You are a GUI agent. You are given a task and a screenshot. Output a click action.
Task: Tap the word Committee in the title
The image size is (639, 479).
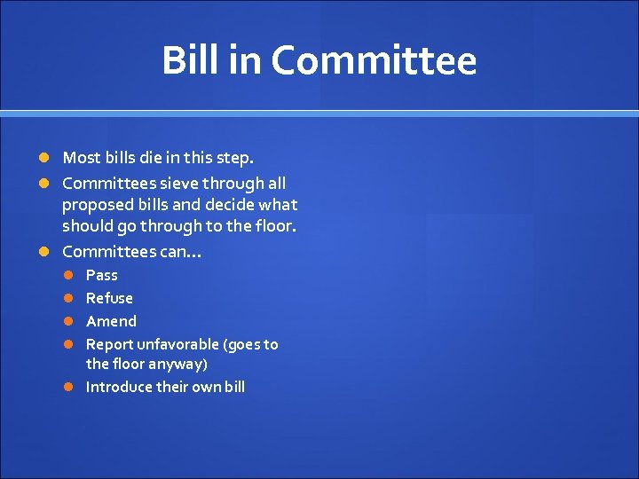click(x=374, y=60)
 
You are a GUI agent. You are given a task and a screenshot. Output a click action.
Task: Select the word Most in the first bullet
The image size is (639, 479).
click(x=82, y=158)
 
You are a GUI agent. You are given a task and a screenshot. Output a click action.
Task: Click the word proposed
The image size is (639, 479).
click(x=96, y=205)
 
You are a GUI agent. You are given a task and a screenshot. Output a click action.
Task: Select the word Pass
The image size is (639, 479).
click(x=101, y=275)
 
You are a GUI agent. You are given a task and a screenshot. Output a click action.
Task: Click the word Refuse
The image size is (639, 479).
click(x=109, y=298)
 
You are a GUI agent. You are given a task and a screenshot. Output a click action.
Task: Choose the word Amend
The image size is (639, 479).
click(x=111, y=321)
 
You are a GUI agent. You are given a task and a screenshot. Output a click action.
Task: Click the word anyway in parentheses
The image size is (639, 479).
click(x=182, y=364)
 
